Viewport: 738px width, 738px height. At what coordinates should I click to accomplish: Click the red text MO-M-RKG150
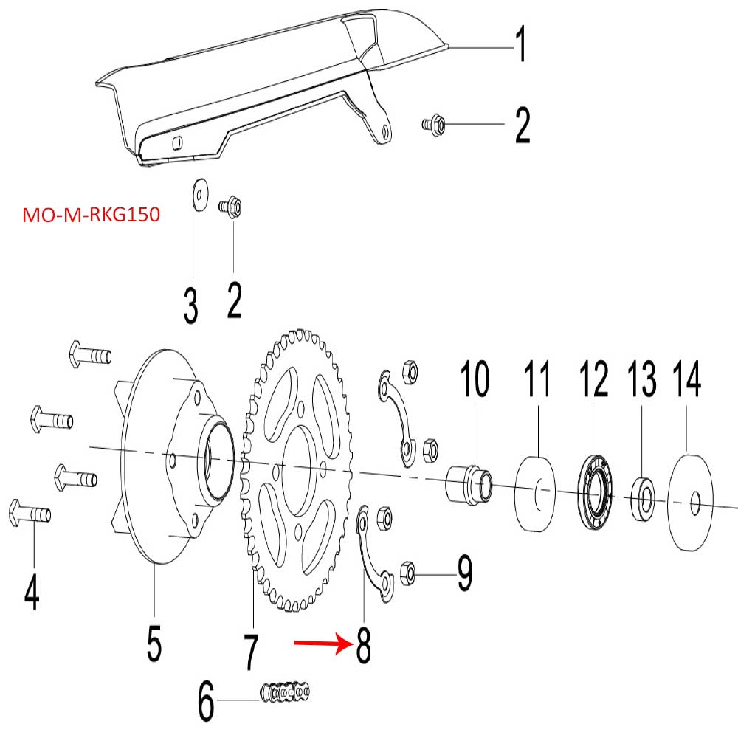[92, 216]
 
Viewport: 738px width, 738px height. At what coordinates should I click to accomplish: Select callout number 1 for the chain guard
[520, 44]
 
